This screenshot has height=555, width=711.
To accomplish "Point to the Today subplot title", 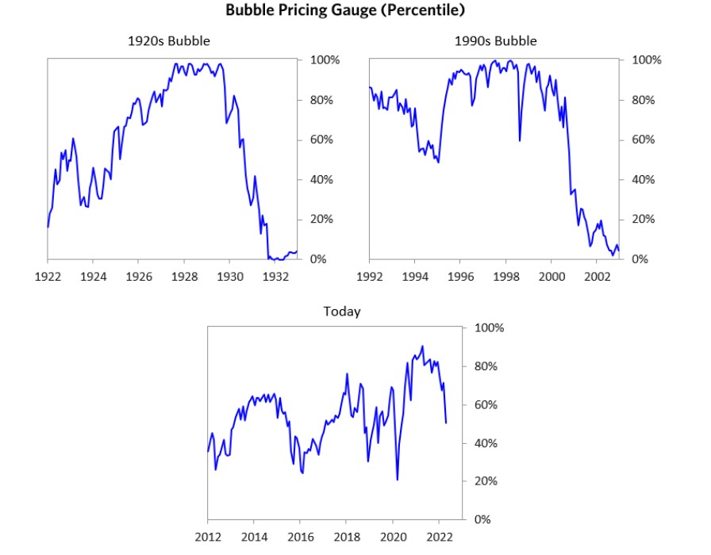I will point(341,311).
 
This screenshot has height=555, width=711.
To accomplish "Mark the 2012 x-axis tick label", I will point(208,537).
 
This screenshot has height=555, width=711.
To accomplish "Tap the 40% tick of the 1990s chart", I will point(644,180).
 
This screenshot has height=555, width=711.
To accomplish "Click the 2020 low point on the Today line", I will point(397,480).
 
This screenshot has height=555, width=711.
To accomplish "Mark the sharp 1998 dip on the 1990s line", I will point(519,140).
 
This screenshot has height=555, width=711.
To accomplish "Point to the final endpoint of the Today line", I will point(446,423).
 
